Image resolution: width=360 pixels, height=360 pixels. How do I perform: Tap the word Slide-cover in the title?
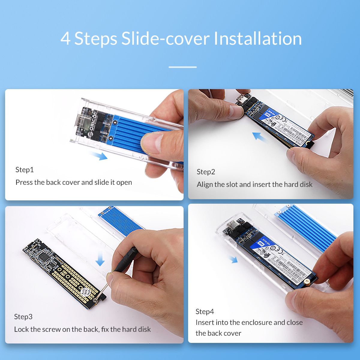coord(165,39)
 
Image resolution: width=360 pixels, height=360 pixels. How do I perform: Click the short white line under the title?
coord(182,67)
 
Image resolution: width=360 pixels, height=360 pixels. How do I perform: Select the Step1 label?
coord(25,170)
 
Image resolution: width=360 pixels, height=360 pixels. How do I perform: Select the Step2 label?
coord(206,172)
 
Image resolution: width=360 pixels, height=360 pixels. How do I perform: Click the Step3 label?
coord(23,317)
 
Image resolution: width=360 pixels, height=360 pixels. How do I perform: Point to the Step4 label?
coord(205,312)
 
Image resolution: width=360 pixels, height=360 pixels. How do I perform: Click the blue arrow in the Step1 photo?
coord(99,155)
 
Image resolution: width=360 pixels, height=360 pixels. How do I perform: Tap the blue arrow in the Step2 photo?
coord(260,137)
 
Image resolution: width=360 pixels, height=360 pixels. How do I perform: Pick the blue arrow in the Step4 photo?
coord(233,259)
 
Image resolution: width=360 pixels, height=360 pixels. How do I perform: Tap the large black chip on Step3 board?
coord(44,256)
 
